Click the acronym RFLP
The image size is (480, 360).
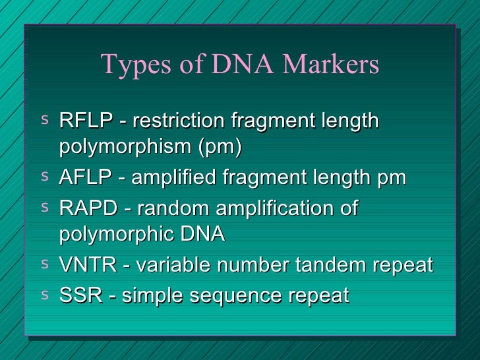(84, 121)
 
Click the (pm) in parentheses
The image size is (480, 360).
(221, 148)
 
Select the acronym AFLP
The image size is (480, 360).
(84, 177)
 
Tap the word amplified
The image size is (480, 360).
(177, 177)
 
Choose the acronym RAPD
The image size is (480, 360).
(86, 208)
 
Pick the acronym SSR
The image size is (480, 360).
(78, 295)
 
